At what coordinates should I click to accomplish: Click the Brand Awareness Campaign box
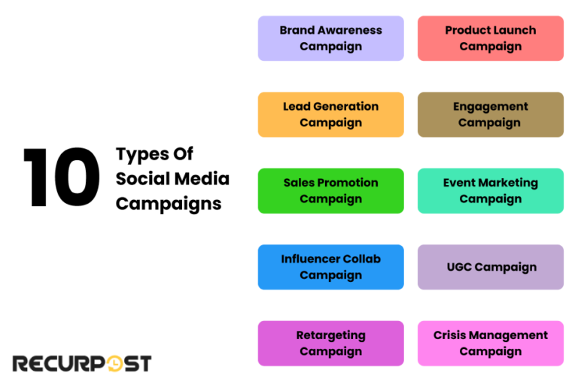click(330, 38)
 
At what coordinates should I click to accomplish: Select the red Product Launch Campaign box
click(490, 38)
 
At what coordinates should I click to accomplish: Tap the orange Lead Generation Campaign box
click(330, 114)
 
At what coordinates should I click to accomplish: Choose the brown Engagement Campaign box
click(490, 114)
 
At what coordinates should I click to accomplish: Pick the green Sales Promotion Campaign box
click(330, 191)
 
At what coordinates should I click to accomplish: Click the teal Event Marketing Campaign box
click(490, 191)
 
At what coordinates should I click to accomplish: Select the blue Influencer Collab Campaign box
click(330, 267)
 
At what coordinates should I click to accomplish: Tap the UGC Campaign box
click(490, 267)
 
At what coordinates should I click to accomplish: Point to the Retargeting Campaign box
click(330, 343)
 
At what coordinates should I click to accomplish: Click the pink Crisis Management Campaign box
click(490, 343)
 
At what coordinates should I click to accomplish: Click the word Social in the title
click(141, 179)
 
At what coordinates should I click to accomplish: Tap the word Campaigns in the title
click(169, 204)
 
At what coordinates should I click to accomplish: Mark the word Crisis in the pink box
click(450, 335)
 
